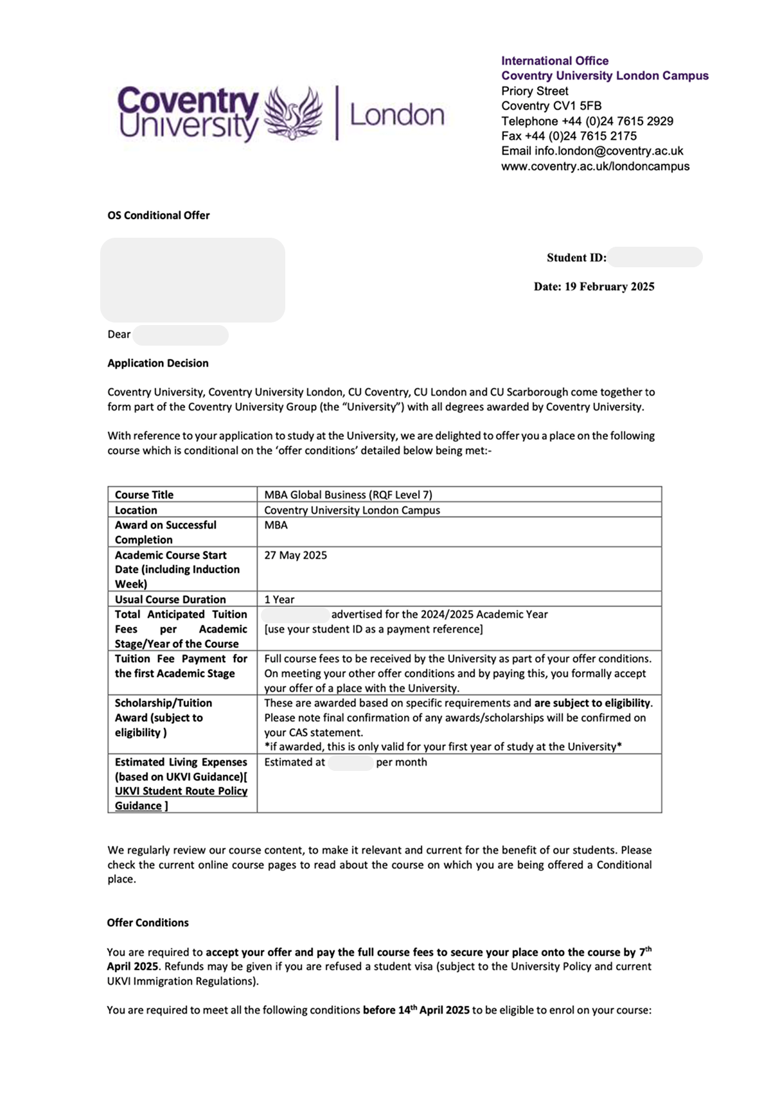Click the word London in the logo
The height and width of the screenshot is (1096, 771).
(x=396, y=115)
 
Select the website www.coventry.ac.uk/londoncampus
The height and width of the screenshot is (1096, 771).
(x=595, y=166)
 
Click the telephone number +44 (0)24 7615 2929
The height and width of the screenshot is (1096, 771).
(x=617, y=121)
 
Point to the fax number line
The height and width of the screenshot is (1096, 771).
(x=569, y=136)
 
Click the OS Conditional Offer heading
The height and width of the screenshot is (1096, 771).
(x=158, y=215)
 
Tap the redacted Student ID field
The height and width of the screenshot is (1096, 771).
(x=654, y=258)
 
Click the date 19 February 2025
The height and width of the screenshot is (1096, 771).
(x=609, y=287)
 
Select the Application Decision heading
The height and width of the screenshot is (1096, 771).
(x=157, y=363)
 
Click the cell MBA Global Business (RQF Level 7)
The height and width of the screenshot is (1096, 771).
(x=348, y=495)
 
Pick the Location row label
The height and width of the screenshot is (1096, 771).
(x=136, y=510)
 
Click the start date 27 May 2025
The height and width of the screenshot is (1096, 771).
(x=295, y=555)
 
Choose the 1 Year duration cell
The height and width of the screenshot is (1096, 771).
(x=279, y=599)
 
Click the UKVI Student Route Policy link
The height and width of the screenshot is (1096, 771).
(x=181, y=791)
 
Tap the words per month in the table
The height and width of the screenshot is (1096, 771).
(x=401, y=763)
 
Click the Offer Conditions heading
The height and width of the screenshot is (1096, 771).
(x=147, y=923)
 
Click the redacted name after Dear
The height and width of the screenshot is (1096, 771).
(x=181, y=335)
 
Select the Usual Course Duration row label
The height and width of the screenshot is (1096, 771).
(x=170, y=599)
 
